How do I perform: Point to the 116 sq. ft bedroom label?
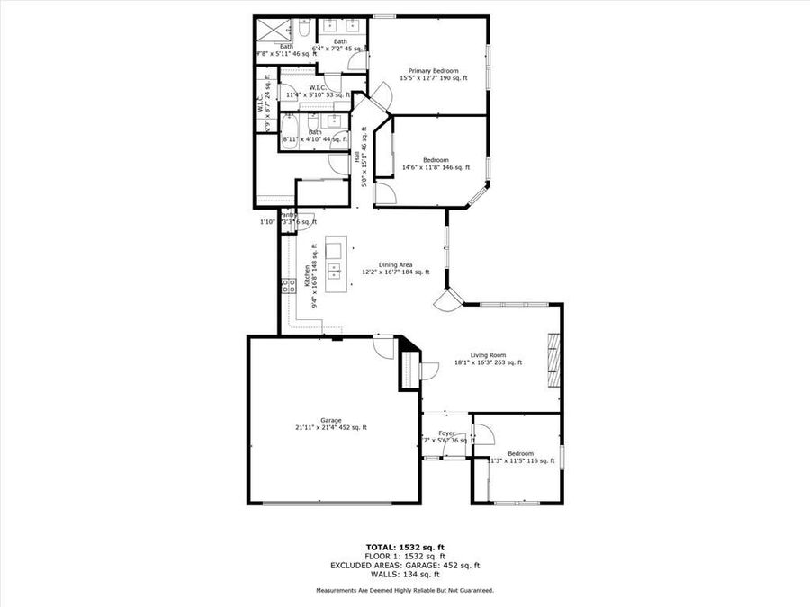click(x=520, y=457)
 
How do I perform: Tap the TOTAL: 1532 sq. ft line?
click(x=404, y=547)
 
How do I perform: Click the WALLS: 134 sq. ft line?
click(x=404, y=574)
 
